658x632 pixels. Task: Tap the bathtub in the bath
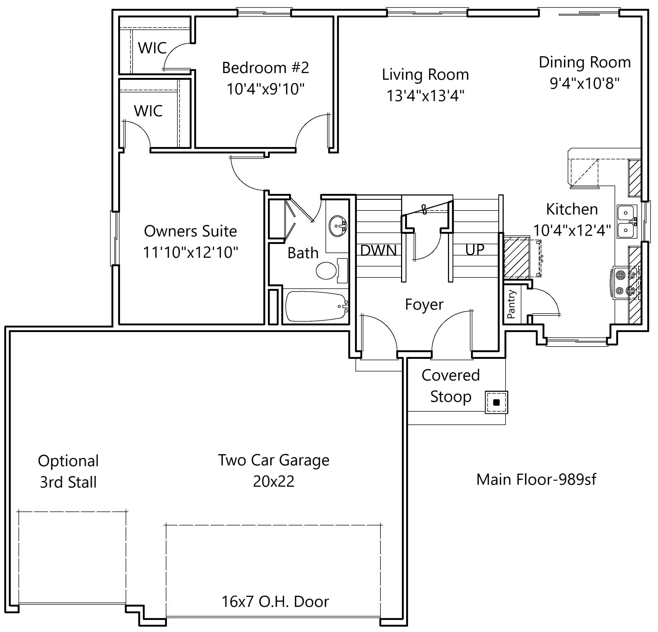click(316, 306)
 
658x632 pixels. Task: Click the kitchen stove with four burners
click(626, 282)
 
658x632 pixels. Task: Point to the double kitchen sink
click(626, 221)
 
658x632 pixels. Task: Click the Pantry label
click(511, 304)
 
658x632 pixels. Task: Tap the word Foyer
click(424, 304)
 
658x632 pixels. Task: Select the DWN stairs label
click(378, 250)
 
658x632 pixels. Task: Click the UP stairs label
click(475, 250)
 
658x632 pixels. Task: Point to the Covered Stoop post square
click(496, 402)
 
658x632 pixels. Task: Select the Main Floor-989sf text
click(536, 479)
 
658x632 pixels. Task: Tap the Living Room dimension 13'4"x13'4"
click(425, 96)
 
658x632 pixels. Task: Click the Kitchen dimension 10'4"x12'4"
click(572, 230)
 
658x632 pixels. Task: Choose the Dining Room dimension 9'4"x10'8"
click(585, 83)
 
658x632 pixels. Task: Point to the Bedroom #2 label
click(265, 68)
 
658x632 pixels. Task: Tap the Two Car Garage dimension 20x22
click(274, 481)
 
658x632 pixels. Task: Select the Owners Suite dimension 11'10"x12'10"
click(190, 252)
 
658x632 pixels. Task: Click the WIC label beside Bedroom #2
click(152, 48)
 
